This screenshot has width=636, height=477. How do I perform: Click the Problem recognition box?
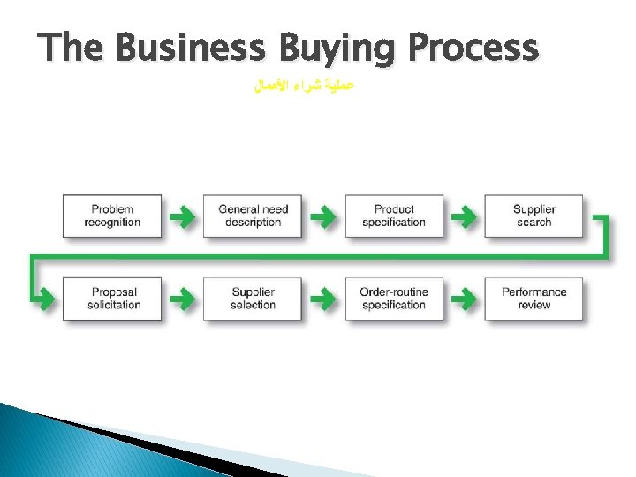tap(112, 216)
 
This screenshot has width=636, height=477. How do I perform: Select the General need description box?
tap(253, 216)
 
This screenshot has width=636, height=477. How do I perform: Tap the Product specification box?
tap(394, 216)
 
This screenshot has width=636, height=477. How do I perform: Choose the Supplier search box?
tap(534, 216)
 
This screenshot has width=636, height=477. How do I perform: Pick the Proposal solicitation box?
tap(113, 299)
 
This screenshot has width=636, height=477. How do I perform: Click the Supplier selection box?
tap(253, 299)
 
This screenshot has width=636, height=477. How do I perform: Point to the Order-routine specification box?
tap(394, 299)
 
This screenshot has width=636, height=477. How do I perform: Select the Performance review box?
tap(534, 299)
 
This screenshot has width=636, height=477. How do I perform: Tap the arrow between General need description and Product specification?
tap(323, 216)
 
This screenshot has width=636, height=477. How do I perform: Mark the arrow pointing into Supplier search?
tap(464, 216)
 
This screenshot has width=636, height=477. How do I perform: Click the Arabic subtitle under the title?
tap(303, 88)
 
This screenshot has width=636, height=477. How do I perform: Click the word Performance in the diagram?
tap(534, 292)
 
